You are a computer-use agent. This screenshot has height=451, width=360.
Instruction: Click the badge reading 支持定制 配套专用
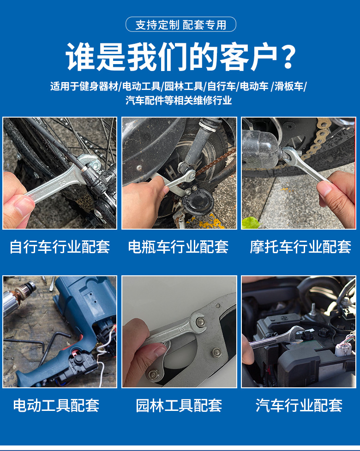tap(180, 24)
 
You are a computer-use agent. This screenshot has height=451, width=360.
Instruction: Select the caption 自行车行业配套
tap(60, 247)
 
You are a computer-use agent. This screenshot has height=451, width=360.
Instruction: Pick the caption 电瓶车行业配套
tap(179, 247)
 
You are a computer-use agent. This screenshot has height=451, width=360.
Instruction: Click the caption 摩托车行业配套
tap(300, 247)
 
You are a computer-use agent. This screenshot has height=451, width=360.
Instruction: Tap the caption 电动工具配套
tap(56, 405)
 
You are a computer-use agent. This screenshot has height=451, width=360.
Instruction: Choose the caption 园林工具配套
tap(179, 405)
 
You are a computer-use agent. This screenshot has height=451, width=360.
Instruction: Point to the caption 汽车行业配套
tap(299, 405)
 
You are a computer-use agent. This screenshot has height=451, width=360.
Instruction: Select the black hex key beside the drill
tap(35, 345)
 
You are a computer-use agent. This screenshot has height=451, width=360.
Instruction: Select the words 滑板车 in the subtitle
tap(289, 86)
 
